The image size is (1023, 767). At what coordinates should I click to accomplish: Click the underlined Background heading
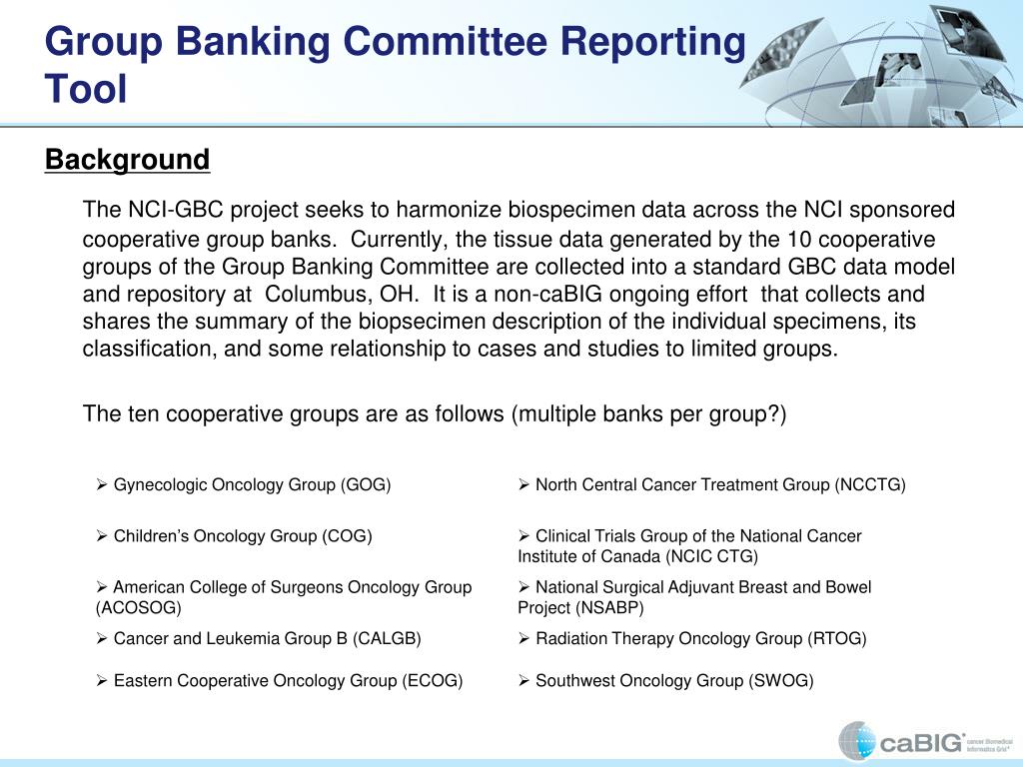pyautogui.click(x=127, y=160)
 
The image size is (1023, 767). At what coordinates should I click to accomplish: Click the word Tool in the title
pyautogui.click(x=86, y=89)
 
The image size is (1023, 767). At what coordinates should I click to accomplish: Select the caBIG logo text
pyautogui.click(x=922, y=742)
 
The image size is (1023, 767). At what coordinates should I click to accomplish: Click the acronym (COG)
pyautogui.click(x=347, y=536)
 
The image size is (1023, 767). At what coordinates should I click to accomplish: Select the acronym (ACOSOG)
pyautogui.click(x=138, y=608)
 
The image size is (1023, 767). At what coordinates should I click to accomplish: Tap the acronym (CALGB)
pyautogui.click(x=387, y=638)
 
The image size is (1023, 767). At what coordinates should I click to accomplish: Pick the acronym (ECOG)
pyautogui.click(x=433, y=681)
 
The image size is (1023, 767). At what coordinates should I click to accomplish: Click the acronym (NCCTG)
pyautogui.click(x=870, y=485)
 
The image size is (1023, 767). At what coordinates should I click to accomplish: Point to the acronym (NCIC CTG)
pyautogui.click(x=711, y=557)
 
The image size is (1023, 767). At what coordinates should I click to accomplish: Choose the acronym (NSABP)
pyautogui.click(x=609, y=608)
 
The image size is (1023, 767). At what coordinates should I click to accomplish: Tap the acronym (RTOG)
pyautogui.click(x=837, y=638)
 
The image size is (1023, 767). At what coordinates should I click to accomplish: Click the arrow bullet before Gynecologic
pyautogui.click(x=101, y=484)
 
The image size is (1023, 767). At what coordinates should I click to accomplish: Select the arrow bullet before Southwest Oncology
pyautogui.click(x=523, y=680)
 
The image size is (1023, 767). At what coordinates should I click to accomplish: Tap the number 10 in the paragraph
pyautogui.click(x=798, y=240)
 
